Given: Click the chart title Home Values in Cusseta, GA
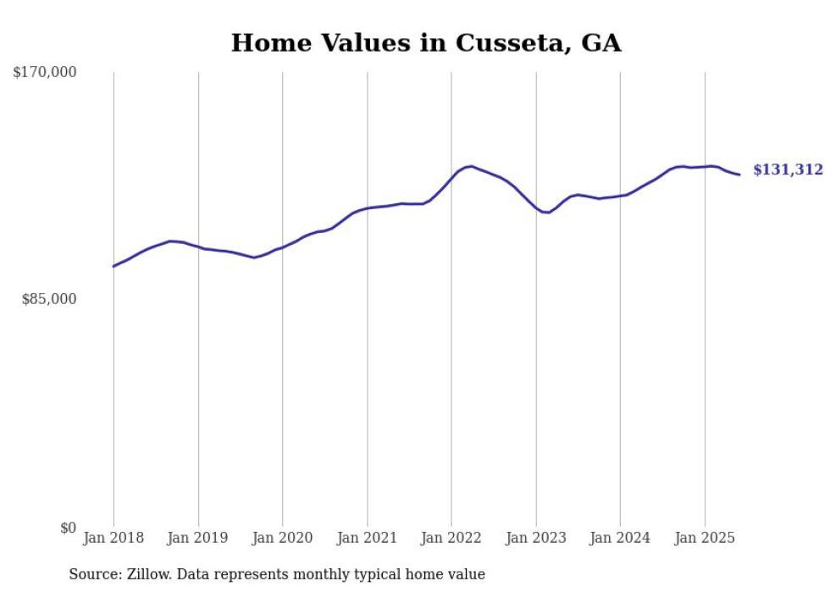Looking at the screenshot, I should (426, 42).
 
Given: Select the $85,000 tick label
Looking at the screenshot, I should (49, 299).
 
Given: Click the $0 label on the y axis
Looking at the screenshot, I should (68, 528).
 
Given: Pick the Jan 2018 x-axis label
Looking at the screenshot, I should (113, 538).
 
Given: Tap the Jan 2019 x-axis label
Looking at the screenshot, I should (198, 538).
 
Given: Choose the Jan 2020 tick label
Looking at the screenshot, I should (283, 538).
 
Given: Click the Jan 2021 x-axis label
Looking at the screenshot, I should (368, 538).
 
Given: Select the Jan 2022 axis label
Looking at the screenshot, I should (451, 538).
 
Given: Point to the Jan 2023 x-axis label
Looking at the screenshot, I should (536, 538).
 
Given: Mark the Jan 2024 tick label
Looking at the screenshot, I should (621, 538).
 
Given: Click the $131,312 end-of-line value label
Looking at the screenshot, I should (788, 170).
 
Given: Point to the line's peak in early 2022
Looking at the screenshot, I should (471, 166).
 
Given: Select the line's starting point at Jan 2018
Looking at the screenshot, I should (113, 266).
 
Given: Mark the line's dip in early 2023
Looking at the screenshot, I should (548, 212).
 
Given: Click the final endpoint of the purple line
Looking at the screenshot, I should (739, 174).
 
